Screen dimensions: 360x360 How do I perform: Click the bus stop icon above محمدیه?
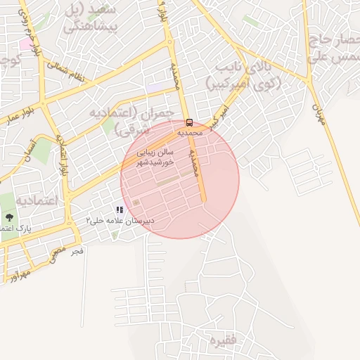click(188, 122)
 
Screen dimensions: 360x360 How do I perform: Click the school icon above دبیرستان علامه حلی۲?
click(120, 210)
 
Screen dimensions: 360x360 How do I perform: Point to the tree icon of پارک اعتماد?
click(10, 217)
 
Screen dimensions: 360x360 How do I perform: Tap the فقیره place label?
click(219, 341)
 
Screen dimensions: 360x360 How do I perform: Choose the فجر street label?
click(77, 250)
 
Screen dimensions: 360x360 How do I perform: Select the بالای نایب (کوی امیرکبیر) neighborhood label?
click(243, 76)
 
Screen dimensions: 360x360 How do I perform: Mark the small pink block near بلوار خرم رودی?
click(25, 44)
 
